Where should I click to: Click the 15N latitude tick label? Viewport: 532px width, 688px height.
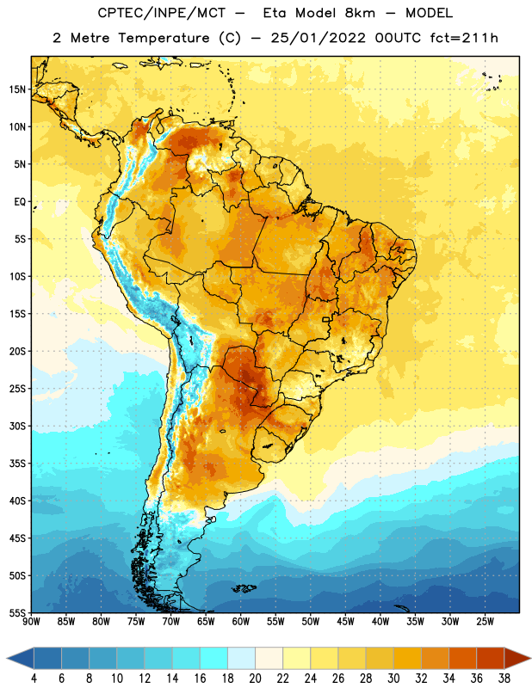(x=17, y=89)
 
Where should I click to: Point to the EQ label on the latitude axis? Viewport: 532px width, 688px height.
(x=20, y=202)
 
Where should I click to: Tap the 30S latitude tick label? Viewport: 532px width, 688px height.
(x=17, y=426)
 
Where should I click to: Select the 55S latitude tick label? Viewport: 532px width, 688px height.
(x=17, y=612)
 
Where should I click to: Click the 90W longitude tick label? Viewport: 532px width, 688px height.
(x=31, y=622)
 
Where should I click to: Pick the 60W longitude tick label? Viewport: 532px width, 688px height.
(x=241, y=622)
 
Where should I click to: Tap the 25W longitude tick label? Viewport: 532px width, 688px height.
(x=485, y=622)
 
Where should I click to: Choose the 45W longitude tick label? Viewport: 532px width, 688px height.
(x=345, y=622)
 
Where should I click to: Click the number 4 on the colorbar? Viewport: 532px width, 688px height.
(x=34, y=679)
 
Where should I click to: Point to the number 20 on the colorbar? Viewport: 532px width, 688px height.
(x=255, y=679)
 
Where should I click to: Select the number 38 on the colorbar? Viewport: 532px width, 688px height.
(x=504, y=679)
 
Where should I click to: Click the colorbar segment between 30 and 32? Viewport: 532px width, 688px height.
(x=407, y=659)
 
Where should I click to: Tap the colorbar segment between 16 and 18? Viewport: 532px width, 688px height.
(x=214, y=659)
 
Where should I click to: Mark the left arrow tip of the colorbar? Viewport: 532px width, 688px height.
(x=7, y=659)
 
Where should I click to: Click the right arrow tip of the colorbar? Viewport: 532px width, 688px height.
(x=530, y=659)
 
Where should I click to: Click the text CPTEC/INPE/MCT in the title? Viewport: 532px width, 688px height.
(x=162, y=13)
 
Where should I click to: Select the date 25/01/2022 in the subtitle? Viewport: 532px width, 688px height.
(x=318, y=38)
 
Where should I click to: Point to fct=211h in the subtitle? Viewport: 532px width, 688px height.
(x=464, y=38)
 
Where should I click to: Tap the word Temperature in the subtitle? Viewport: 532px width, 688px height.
(x=164, y=38)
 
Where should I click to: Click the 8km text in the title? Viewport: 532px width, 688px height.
(x=360, y=13)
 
